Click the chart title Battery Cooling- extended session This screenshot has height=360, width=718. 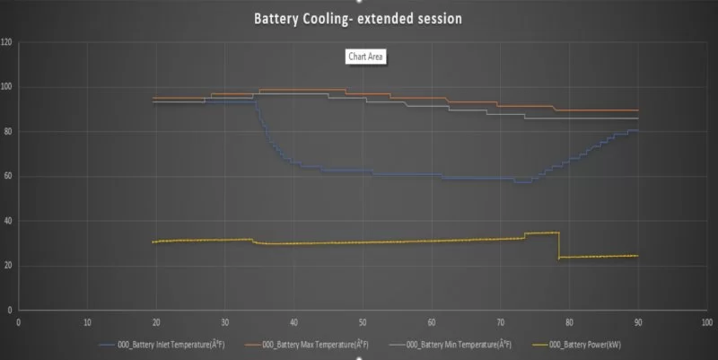(x=359, y=17)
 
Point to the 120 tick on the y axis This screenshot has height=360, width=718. (x=7, y=42)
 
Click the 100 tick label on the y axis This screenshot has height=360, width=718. (x=7, y=87)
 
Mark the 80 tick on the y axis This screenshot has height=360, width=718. (x=7, y=131)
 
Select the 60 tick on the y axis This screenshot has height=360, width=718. (x=7, y=176)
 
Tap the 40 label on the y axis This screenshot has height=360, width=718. (x=7, y=221)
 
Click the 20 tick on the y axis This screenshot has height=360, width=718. (x=7, y=265)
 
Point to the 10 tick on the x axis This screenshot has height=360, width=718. (x=87, y=320)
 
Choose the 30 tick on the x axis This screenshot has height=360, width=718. (x=224, y=320)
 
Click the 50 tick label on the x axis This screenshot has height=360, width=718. (x=362, y=320)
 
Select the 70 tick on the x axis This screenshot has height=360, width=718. (x=500, y=320)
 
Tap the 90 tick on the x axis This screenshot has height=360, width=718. (x=637, y=320)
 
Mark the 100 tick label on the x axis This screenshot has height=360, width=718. (x=706, y=320)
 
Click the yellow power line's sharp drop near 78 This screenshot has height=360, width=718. (x=558, y=245)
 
